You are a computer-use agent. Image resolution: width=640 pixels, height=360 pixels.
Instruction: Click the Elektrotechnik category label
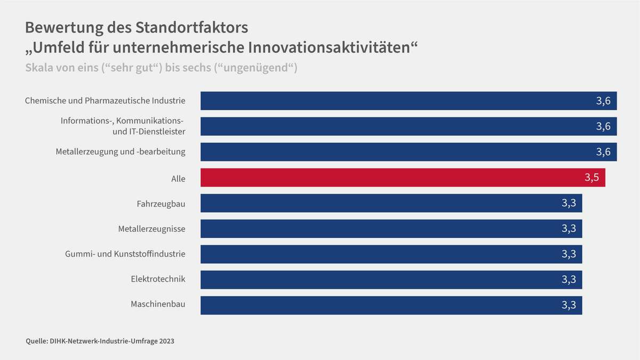click(x=158, y=279)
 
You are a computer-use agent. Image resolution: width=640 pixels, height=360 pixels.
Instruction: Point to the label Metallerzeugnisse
click(x=151, y=229)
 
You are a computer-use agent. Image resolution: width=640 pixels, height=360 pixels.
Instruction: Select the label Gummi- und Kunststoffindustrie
click(x=125, y=254)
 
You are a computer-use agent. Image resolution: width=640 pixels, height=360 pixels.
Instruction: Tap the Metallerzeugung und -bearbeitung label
click(x=120, y=151)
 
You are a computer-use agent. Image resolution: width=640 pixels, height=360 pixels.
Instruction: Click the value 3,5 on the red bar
click(x=592, y=177)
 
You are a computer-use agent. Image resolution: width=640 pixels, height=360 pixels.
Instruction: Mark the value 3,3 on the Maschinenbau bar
click(x=569, y=305)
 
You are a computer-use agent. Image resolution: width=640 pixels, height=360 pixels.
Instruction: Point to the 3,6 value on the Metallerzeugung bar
click(x=603, y=152)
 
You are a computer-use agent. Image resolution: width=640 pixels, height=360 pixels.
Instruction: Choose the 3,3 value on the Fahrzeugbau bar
click(x=569, y=203)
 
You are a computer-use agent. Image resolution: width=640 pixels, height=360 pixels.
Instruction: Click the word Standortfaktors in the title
click(x=192, y=27)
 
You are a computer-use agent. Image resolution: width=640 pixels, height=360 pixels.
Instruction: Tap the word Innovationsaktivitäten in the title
click(x=329, y=47)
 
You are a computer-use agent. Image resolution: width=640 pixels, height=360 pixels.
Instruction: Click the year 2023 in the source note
click(x=167, y=341)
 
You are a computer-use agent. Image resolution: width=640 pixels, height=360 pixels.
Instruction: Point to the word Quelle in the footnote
click(x=37, y=341)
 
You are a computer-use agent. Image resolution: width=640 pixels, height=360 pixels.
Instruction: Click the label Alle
click(x=178, y=179)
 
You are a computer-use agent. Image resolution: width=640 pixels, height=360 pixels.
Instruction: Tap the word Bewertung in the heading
click(x=64, y=27)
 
